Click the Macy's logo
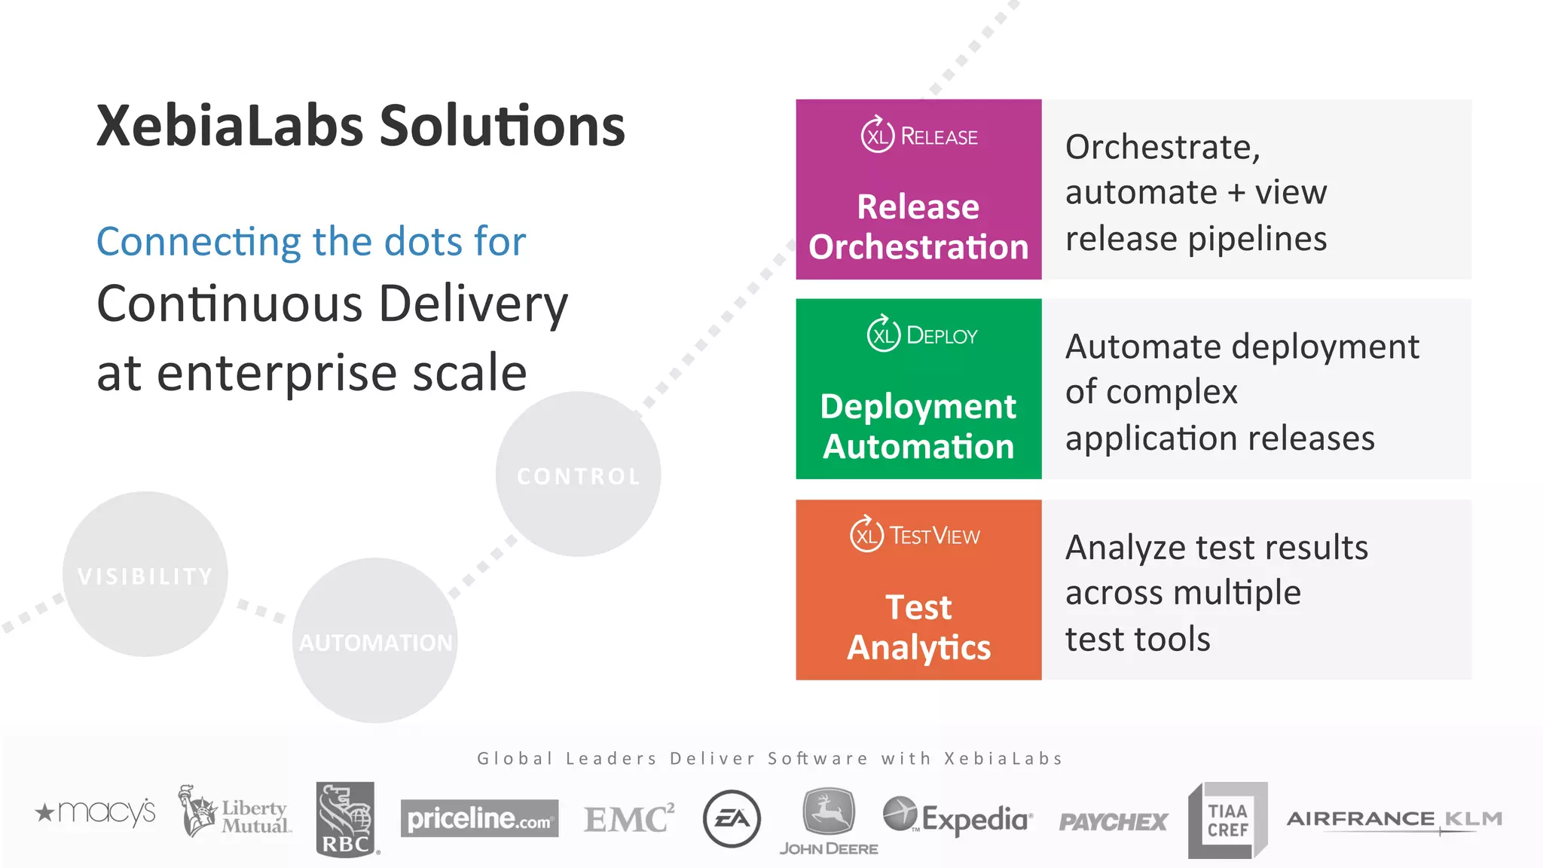(x=96, y=812)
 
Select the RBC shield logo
(x=346, y=819)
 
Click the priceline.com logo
(x=479, y=818)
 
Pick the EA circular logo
(x=732, y=818)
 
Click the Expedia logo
(x=958, y=818)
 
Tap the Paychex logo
(x=1113, y=821)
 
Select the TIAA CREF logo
(x=1227, y=820)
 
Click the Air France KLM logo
(x=1394, y=819)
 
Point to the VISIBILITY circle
(x=145, y=575)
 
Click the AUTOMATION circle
(x=375, y=641)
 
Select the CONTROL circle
(x=578, y=475)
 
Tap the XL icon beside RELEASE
(x=877, y=136)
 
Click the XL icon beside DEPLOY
(x=883, y=335)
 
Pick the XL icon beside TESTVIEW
(x=866, y=535)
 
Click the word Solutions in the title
(x=502, y=126)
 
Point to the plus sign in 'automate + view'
(x=1236, y=193)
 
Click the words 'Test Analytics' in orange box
(x=918, y=627)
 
